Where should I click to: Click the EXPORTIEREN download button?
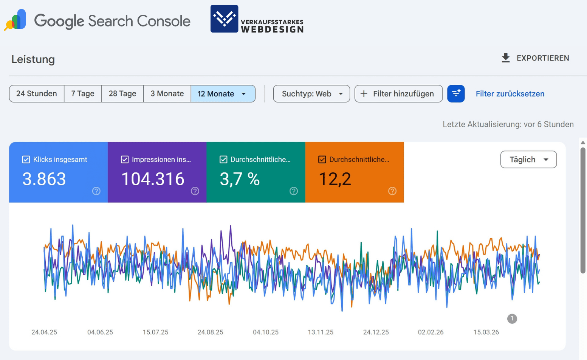tap(535, 58)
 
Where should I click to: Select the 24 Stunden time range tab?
tap(37, 94)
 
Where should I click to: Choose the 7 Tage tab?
tap(83, 94)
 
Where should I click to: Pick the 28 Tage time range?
tap(122, 94)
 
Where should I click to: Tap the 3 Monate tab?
tap(167, 94)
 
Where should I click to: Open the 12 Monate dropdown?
tap(223, 94)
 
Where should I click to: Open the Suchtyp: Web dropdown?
tap(311, 94)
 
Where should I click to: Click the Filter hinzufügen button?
tap(398, 94)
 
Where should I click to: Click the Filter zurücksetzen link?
tap(510, 94)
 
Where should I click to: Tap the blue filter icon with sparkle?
tap(456, 93)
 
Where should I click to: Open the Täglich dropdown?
tap(528, 160)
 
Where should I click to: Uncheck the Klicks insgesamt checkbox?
tap(26, 160)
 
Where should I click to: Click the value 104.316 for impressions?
tap(153, 179)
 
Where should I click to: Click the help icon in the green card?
tap(294, 191)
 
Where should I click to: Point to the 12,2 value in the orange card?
tap(335, 179)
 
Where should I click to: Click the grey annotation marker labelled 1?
tap(512, 319)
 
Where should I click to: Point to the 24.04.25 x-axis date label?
tap(44, 332)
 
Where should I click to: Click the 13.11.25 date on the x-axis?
tap(321, 332)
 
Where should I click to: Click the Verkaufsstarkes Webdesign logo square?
tap(225, 19)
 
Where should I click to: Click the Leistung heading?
tap(33, 59)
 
